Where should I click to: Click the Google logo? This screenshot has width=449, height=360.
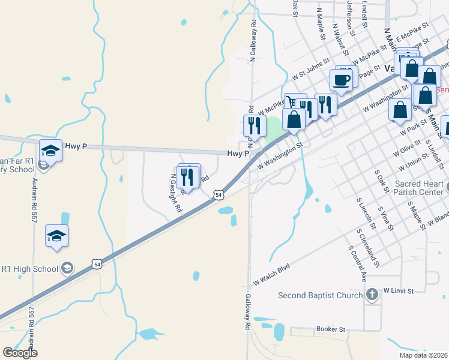pos(20,353)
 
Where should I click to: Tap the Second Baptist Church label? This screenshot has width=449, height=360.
pos(321,295)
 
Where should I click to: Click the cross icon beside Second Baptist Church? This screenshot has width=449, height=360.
pos(372,295)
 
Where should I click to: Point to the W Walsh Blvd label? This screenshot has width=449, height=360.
pos(271,273)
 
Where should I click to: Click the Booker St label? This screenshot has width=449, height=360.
pos(331,329)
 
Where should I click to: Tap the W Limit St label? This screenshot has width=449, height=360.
pos(399,291)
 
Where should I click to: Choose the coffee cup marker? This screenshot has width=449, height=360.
pos(341,80)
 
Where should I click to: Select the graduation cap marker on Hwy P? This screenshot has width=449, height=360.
pos(51,151)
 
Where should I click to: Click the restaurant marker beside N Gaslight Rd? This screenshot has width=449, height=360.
pos(188,177)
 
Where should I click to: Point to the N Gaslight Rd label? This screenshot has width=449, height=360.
pos(175,194)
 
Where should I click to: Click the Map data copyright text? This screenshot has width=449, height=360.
pos(423,355)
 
